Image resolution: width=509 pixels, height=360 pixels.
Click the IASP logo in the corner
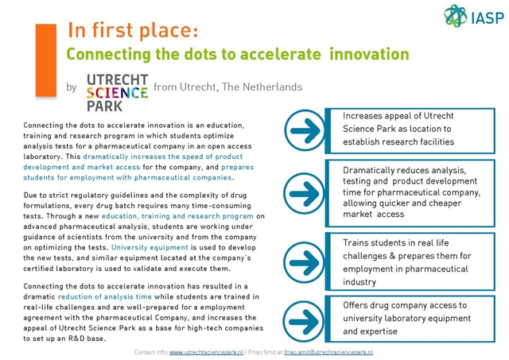(474, 16)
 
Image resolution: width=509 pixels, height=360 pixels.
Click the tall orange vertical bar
(46, 60)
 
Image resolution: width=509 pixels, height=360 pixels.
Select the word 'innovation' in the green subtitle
(369, 54)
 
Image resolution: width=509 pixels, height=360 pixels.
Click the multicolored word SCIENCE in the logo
(117, 93)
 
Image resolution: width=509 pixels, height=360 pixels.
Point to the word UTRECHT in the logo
(118, 79)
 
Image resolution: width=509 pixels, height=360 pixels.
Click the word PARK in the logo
(104, 106)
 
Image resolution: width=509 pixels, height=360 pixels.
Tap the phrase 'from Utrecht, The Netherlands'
(228, 87)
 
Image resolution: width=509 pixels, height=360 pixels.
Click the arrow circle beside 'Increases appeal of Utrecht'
(305, 130)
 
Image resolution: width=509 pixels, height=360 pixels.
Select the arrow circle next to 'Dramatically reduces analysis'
(304, 194)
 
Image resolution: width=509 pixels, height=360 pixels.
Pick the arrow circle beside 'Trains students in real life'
(304, 262)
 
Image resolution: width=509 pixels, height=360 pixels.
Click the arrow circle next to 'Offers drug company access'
(304, 321)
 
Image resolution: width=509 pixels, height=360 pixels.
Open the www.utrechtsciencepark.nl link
(206, 352)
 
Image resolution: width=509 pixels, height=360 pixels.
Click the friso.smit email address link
(328, 352)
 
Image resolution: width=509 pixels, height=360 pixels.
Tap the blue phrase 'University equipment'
(150, 247)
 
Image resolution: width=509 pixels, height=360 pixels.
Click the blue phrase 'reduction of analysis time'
(105, 296)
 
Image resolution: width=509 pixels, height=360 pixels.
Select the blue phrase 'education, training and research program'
(177, 216)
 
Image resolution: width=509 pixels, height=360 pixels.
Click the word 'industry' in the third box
(359, 282)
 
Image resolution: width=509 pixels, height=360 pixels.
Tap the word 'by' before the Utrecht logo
(72, 87)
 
